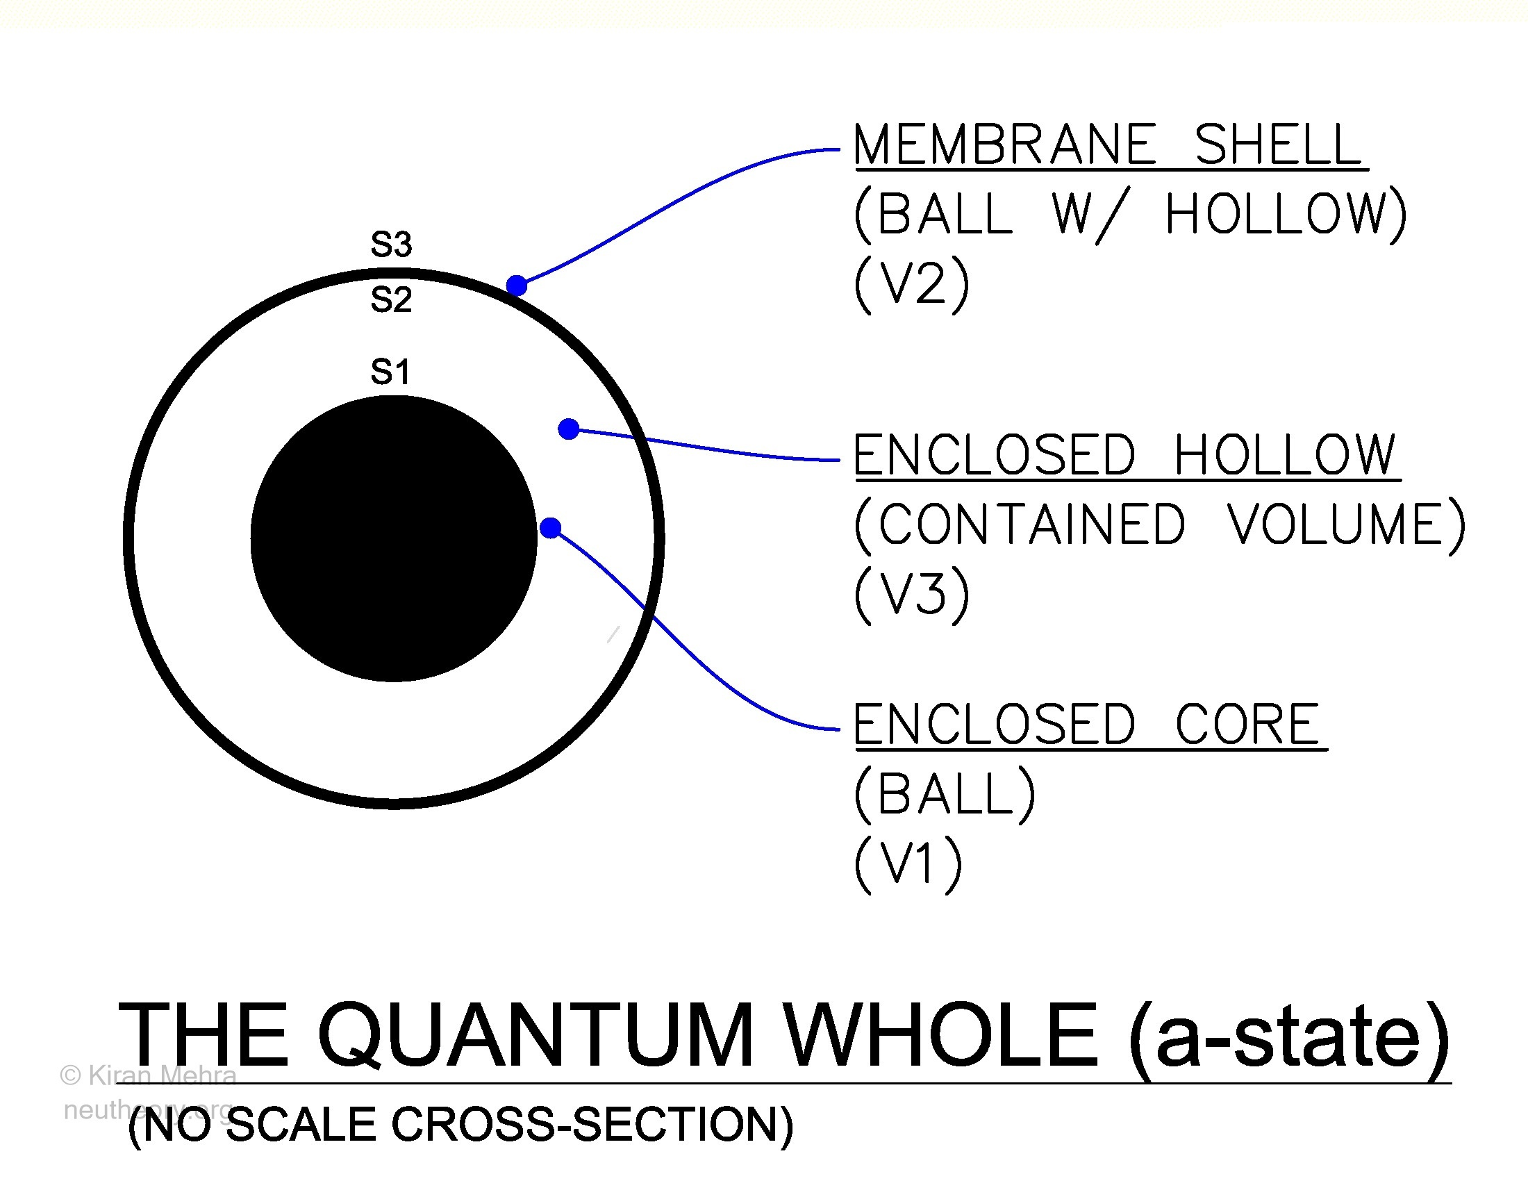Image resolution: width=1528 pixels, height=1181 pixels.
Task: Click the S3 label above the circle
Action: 391,244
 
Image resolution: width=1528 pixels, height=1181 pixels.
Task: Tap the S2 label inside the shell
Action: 391,299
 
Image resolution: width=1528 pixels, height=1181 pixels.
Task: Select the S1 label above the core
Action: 390,372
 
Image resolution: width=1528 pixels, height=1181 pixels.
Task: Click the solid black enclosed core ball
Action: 394,538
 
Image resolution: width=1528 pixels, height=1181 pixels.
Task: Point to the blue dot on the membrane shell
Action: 516,286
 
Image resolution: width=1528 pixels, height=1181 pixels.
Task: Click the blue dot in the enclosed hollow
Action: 569,429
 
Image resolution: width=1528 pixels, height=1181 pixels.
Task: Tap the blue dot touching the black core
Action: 551,527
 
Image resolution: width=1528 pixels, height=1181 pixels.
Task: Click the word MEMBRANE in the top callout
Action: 1006,144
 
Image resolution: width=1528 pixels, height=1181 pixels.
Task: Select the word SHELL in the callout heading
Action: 1278,144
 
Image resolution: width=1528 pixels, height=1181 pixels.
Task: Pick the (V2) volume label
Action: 913,283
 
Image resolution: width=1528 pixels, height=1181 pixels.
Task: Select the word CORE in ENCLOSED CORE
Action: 1247,724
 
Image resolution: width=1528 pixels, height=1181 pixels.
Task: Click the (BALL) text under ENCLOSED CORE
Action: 945,794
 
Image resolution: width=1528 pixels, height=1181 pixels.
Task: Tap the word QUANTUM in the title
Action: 536,1036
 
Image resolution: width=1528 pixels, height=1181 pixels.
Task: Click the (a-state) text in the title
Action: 1290,1039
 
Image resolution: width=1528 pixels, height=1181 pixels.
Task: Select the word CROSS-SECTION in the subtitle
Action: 592,1124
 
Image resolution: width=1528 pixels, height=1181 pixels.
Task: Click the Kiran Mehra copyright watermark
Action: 149,1075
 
